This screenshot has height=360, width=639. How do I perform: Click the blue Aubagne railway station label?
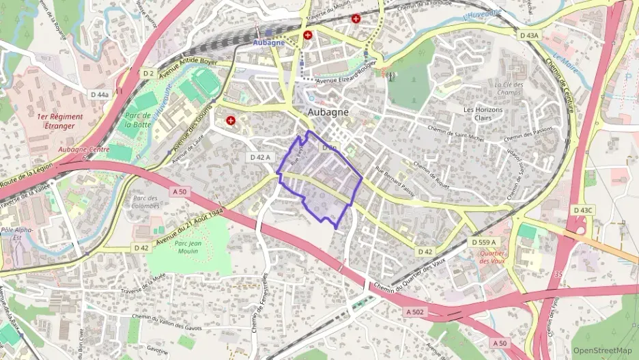268,42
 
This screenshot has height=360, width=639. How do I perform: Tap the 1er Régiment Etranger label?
60,121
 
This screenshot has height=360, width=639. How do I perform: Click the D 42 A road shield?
260,157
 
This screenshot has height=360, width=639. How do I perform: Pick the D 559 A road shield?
484,243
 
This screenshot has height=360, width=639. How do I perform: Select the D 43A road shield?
528,35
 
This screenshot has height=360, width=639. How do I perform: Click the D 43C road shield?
584,210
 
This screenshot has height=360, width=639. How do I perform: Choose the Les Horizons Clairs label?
487,113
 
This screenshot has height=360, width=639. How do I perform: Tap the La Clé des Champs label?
509,89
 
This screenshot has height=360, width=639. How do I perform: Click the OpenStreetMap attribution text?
602,350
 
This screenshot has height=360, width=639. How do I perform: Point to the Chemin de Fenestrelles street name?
258,311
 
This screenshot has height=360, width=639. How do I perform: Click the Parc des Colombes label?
144,202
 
